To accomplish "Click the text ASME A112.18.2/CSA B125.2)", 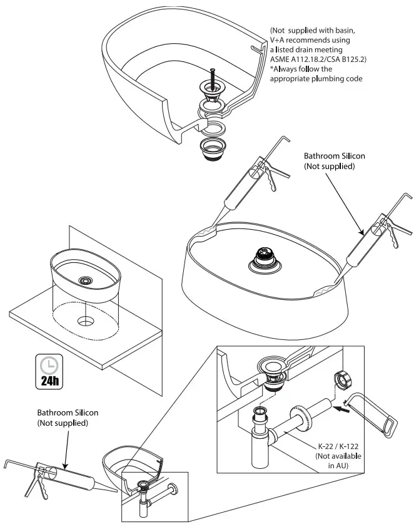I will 318,59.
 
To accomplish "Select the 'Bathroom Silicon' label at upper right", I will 331,161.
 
